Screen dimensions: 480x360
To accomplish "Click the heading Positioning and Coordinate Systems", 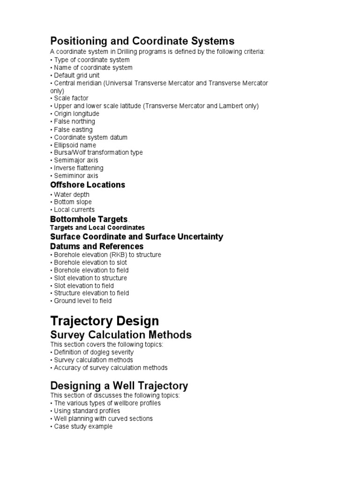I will click(x=142, y=41).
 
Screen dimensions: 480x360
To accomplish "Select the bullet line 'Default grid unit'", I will click(x=76, y=75).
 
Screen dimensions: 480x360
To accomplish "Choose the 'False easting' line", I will click(x=73, y=129).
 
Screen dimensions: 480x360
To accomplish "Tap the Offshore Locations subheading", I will click(x=88, y=185).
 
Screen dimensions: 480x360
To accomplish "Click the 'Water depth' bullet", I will click(x=71, y=195).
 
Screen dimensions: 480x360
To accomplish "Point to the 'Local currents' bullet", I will click(x=74, y=210).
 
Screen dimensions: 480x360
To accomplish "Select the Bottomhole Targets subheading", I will click(x=89, y=219).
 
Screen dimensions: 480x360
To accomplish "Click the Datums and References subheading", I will click(x=97, y=246).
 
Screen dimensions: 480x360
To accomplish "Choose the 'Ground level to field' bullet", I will click(x=82, y=301).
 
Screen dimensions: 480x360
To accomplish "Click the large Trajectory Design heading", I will click(x=105, y=321).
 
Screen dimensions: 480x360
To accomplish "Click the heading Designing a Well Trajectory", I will click(x=119, y=386).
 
